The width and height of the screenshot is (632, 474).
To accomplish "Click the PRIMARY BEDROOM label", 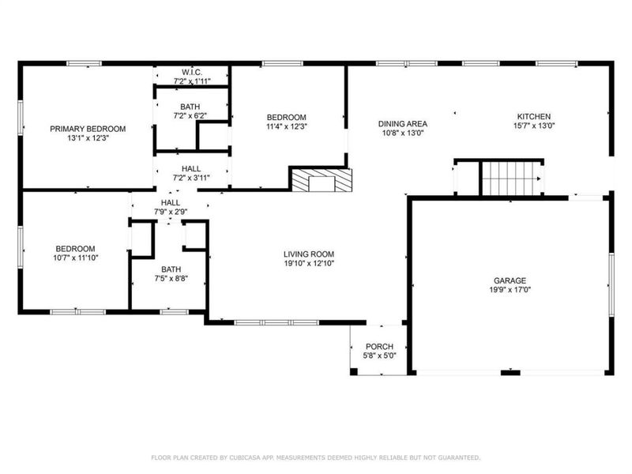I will [88, 129].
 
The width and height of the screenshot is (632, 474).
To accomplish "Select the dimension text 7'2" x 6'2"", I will [190, 115].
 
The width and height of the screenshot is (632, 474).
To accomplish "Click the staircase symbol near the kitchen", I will [510, 177].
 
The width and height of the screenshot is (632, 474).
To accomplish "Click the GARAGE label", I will [510, 280].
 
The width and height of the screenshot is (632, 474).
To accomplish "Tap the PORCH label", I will [379, 347].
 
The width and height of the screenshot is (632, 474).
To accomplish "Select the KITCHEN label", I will [533, 115].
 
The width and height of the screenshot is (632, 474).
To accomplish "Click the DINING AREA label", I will [402, 124].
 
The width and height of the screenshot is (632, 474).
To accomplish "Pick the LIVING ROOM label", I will [310, 254].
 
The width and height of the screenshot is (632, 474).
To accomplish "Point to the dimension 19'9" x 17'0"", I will [510, 290].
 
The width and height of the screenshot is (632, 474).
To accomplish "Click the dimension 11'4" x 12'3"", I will [286, 126].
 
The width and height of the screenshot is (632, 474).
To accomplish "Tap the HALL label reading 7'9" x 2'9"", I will [170, 213].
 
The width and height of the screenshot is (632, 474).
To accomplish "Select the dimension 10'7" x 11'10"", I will [75, 257].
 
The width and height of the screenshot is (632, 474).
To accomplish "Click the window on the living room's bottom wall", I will [276, 322].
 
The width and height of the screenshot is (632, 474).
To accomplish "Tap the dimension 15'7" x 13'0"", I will [533, 125].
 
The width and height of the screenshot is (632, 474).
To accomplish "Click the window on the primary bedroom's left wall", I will [21, 126].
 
